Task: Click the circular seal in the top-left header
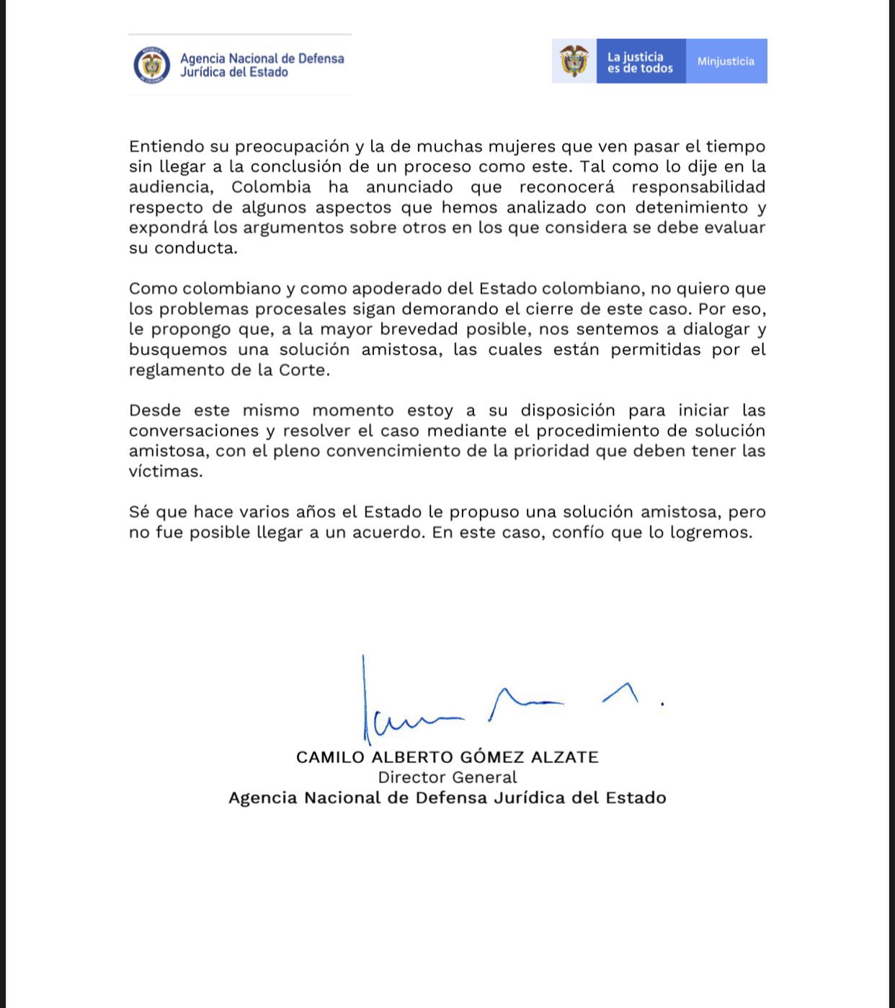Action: coord(151,65)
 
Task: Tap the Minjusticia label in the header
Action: coord(726,61)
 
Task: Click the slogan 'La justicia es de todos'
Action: coord(640,62)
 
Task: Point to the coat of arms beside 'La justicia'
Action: coord(574,61)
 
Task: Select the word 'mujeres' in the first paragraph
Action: coord(521,146)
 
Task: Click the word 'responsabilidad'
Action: coord(698,187)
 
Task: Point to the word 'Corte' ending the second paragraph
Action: coord(305,370)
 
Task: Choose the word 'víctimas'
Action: coord(165,471)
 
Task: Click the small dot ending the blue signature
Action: coord(662,704)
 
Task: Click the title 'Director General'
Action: coord(447,777)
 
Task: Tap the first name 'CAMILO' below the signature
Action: coord(331,757)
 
